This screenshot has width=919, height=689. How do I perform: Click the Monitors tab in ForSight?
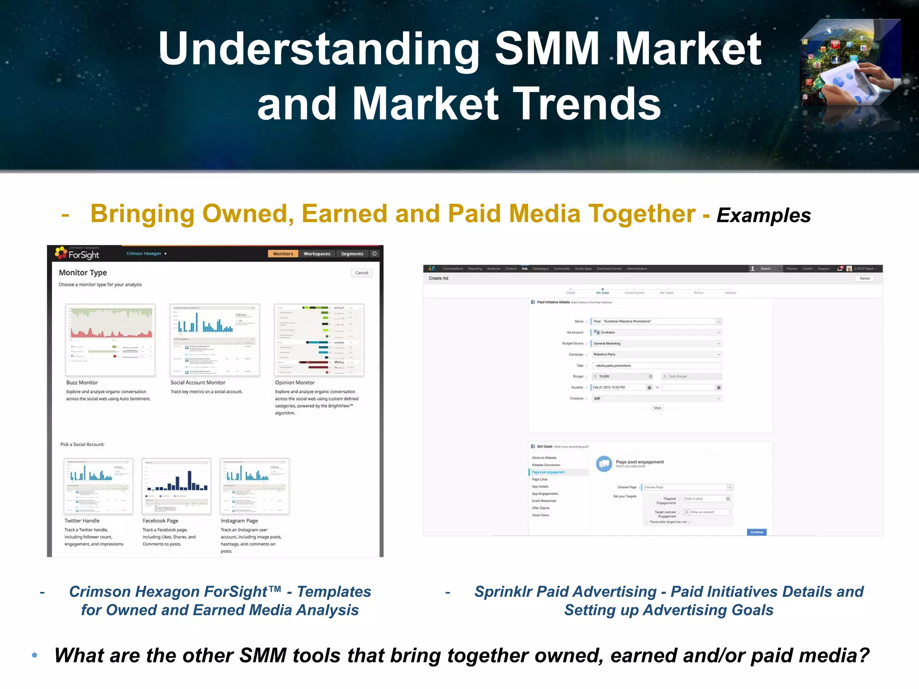point(283,254)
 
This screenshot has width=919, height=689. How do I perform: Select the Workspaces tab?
point(317,254)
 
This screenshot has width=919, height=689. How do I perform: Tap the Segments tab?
point(352,254)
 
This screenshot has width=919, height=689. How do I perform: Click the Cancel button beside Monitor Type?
point(361,273)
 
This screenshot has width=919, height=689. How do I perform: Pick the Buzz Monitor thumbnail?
point(110,340)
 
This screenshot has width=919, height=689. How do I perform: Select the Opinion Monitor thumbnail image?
point(319,340)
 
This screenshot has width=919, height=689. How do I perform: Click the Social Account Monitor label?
point(198,383)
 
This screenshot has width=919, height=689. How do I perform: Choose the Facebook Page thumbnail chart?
point(176,486)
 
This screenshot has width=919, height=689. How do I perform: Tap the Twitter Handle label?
point(82,521)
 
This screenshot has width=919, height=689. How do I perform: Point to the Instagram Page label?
point(239,521)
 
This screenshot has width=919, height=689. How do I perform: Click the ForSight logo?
point(77,253)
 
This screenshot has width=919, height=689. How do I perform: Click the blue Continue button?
point(757,532)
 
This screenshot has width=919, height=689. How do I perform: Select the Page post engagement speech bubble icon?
point(604,463)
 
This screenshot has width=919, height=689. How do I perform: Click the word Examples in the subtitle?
point(763,216)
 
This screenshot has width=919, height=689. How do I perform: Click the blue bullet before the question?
point(35,655)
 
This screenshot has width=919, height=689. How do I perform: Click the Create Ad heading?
point(438,278)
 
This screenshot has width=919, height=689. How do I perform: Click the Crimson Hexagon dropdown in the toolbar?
point(147,253)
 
